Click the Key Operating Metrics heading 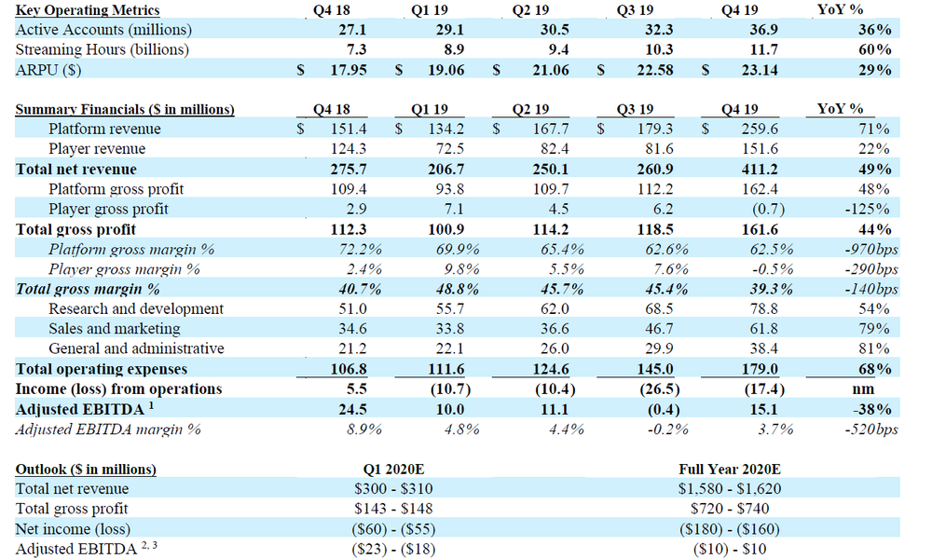tap(88, 10)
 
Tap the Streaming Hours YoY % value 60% tap(876, 49)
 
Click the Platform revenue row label tap(104, 129)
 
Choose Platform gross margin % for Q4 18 tap(357, 249)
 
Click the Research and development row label tap(136, 308)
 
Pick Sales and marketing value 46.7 tap(659, 329)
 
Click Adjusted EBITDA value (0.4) tap(659, 409)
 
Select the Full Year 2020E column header tap(729, 469)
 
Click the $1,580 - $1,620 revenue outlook tap(729, 488)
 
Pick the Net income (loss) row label tap(73, 528)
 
